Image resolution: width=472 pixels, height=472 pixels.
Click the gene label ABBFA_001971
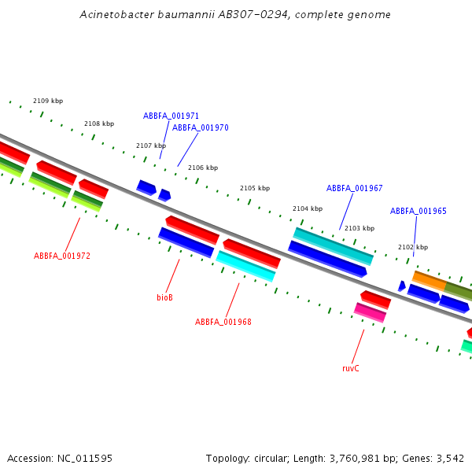(171, 116)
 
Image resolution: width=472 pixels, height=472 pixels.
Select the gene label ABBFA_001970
(201, 127)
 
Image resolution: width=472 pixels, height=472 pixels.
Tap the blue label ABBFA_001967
(355, 189)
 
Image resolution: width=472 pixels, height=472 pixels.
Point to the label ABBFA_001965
(419, 212)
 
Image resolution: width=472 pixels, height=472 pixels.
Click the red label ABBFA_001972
(62, 256)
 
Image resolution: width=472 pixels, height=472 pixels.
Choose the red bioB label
(164, 297)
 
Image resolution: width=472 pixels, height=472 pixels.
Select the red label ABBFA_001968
(223, 322)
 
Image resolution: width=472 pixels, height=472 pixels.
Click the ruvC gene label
(351, 368)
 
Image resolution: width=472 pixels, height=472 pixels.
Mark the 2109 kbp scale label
(48, 101)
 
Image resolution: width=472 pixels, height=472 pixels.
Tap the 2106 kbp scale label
(203, 168)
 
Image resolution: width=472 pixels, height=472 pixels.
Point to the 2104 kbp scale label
(308, 208)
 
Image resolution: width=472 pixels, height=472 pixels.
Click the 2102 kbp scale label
(413, 247)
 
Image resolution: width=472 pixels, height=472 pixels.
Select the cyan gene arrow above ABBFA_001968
(245, 266)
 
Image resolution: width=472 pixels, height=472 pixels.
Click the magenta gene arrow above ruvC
(370, 312)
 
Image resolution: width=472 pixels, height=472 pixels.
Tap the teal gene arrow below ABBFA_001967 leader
(333, 245)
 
